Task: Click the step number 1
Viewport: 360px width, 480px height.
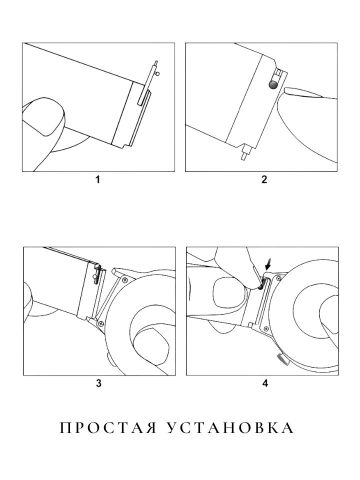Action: click(97, 179)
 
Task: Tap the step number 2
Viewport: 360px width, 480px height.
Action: click(264, 179)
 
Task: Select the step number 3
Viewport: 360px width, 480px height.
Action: click(98, 383)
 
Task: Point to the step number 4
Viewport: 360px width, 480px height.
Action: click(265, 383)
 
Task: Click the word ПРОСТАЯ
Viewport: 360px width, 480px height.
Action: click(108, 427)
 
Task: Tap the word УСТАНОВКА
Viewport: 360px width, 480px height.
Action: click(230, 427)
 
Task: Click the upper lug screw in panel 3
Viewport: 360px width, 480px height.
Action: click(124, 279)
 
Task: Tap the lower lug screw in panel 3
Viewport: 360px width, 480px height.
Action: click(100, 323)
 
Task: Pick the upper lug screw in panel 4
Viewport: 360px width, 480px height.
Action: click(278, 278)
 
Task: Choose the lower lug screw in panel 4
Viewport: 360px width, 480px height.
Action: click(265, 328)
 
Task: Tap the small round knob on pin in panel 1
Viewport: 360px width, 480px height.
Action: click(157, 73)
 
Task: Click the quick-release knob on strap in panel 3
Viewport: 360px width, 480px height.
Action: click(95, 277)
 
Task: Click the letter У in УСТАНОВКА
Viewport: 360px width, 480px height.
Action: click(172, 427)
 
